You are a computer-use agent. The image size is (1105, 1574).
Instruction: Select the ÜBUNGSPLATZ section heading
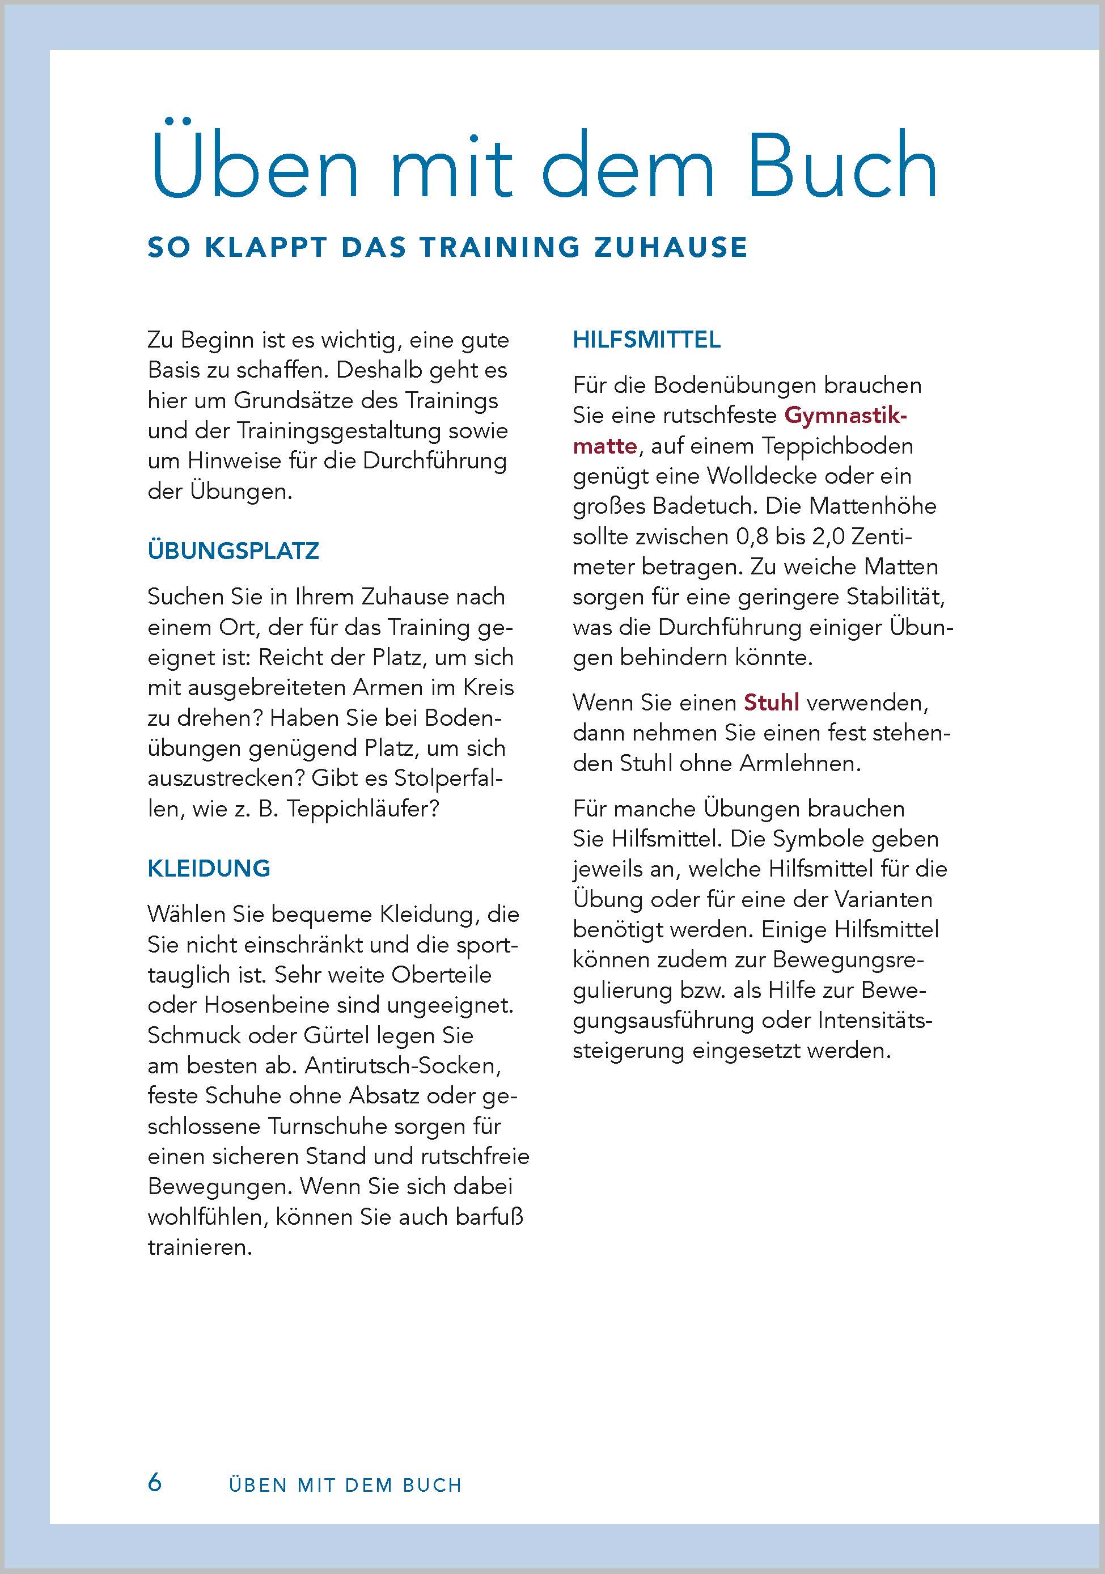click(233, 551)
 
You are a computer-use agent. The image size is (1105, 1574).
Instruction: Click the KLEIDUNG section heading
click(209, 869)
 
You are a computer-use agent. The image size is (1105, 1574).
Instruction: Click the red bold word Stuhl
click(771, 703)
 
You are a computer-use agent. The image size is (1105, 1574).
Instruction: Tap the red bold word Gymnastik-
click(845, 416)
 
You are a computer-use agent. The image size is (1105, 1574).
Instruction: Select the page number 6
click(155, 1482)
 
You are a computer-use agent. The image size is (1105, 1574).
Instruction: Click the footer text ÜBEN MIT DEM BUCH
click(345, 1485)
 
